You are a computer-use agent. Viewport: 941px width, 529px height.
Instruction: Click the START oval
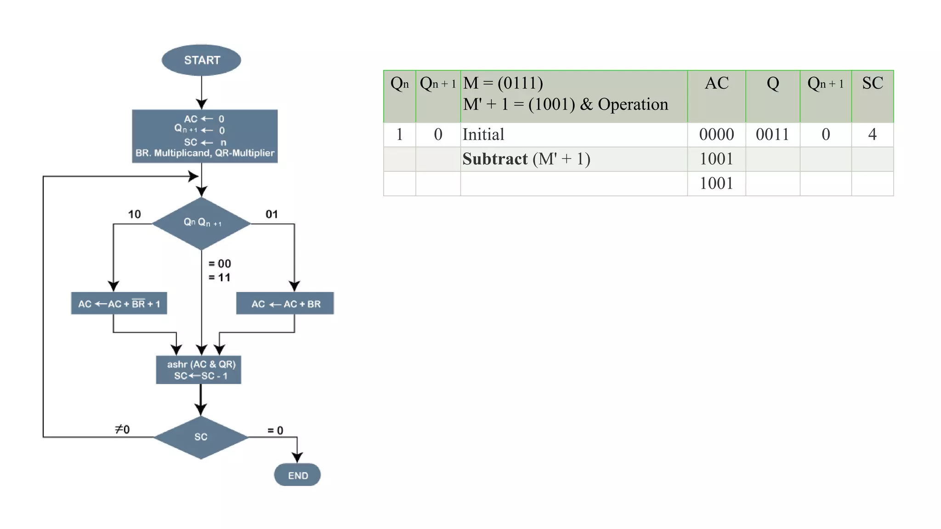[x=201, y=60]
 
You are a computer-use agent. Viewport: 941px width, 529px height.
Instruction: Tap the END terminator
[x=297, y=475]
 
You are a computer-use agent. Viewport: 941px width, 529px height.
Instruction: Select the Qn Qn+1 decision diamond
[x=201, y=223]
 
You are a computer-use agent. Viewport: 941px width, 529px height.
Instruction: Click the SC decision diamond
[x=201, y=437]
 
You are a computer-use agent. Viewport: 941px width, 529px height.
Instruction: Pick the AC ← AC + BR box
[x=285, y=304]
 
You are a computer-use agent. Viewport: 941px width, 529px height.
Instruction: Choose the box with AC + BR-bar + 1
[x=119, y=304]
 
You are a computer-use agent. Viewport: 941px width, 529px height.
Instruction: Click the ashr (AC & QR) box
[x=198, y=370]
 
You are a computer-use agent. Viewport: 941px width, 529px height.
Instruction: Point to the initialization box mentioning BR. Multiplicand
[x=204, y=136]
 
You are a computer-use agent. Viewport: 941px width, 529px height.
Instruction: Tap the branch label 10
[x=134, y=214]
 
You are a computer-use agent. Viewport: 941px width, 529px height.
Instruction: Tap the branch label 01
[x=272, y=214]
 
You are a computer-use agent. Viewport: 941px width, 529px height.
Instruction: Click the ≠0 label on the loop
[x=122, y=429]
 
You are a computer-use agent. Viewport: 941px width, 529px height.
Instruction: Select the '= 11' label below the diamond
[x=219, y=277]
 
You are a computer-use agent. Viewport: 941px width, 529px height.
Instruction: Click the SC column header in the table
[x=872, y=83]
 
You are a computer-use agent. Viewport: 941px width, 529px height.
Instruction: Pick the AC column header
[x=716, y=83]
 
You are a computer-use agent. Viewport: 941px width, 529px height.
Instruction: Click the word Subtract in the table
[x=495, y=159]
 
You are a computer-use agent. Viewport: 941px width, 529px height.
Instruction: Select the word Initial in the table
[x=483, y=135]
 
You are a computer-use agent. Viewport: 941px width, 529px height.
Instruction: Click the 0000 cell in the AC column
[x=716, y=135]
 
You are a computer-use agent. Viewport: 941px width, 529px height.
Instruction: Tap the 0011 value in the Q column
[x=772, y=135]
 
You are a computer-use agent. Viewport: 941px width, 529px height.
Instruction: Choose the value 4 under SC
[x=872, y=135]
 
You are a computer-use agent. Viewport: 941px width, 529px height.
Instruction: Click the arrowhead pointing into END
[x=297, y=457]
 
